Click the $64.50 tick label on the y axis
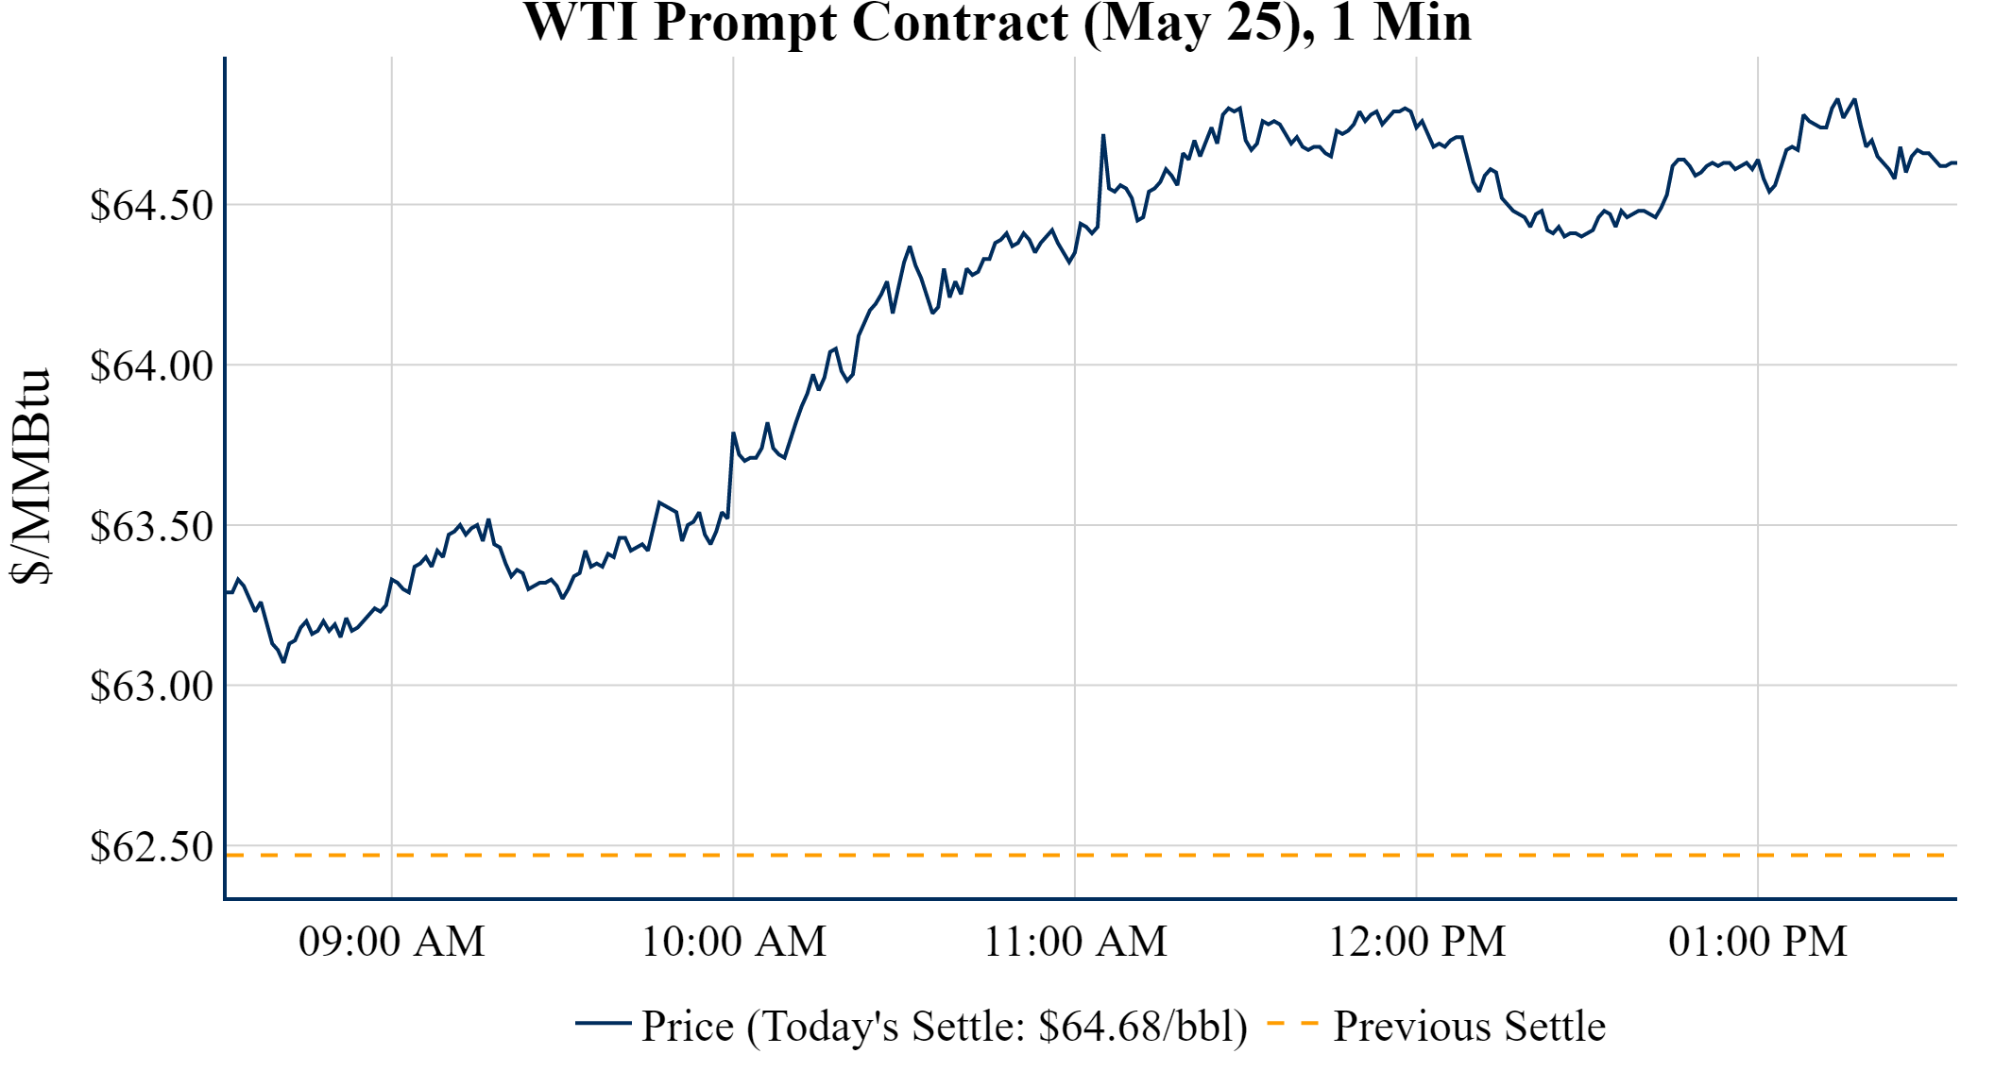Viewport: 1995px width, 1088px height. pos(151,206)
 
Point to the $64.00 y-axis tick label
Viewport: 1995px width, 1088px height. pos(151,366)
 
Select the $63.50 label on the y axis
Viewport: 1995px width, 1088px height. pos(151,527)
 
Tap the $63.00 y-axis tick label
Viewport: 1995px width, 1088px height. pos(151,687)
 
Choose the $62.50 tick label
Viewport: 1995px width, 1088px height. pos(151,847)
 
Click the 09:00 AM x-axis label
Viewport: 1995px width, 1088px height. pos(392,942)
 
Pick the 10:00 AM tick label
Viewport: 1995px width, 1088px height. pos(734,942)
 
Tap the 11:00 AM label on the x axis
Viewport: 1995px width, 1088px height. pos(1075,942)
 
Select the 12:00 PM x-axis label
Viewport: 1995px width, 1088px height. pos(1417,942)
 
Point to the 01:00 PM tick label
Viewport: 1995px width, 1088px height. pos(1758,942)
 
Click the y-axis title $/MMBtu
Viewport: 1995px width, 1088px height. pos(30,477)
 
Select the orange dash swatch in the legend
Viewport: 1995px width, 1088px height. pos(1291,1024)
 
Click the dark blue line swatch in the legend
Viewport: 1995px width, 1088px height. pos(603,1024)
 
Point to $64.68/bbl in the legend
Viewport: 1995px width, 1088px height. pos(1141,1027)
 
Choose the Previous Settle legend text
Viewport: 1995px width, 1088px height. pos(1469,1027)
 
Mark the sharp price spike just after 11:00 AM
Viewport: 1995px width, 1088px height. pos(1103,136)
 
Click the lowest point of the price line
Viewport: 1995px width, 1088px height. pos(283,661)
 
